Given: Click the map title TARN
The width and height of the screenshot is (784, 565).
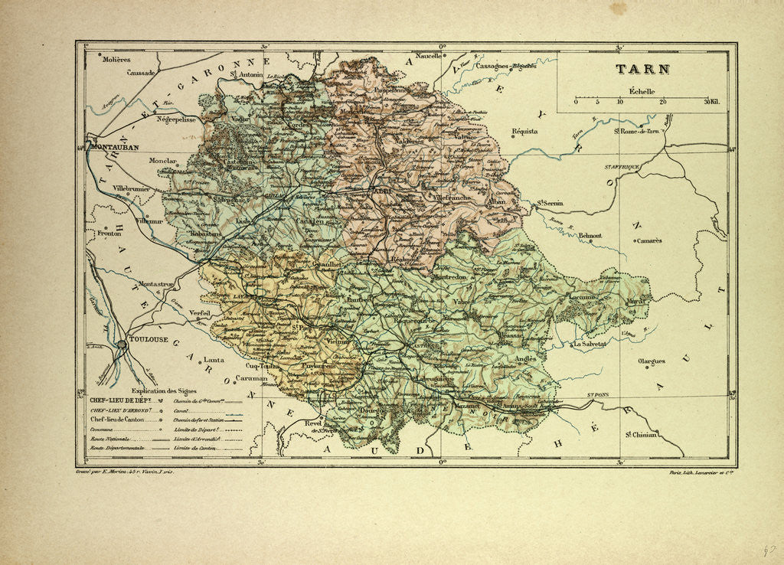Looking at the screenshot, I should (x=643, y=70).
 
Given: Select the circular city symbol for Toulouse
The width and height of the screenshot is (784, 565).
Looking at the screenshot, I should (x=122, y=345).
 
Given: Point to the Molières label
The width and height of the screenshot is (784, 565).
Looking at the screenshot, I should (x=115, y=59).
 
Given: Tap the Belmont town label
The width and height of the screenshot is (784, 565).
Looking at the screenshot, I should (x=589, y=236).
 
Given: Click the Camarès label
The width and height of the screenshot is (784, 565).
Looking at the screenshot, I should (x=648, y=240).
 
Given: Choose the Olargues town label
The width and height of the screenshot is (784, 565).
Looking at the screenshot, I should (x=652, y=361).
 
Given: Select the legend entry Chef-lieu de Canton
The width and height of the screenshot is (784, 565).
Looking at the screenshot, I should (x=122, y=420).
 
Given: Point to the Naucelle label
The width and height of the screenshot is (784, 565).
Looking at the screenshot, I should (x=429, y=56).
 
